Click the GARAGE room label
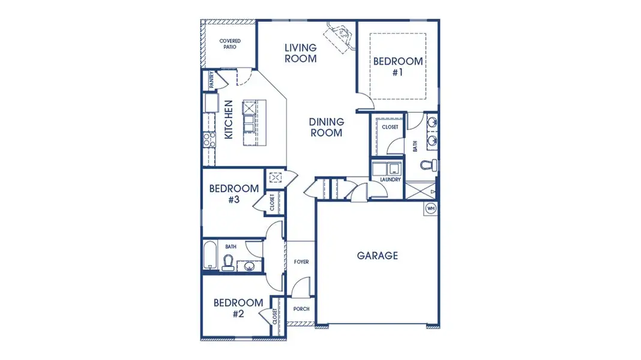tap(377, 256)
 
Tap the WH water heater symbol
tap(430, 208)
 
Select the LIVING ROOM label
tap(300, 53)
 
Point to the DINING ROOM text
tap(326, 127)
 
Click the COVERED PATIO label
tap(230, 44)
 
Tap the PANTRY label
tap(212, 80)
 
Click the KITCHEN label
tap(229, 120)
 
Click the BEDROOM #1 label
tap(398, 66)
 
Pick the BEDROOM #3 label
tap(234, 194)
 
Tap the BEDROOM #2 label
tap(238, 308)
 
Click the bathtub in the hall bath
tap(209, 256)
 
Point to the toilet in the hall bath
tap(228, 262)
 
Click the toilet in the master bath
tap(427, 165)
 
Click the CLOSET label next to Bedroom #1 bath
tap(390, 127)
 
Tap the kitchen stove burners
tap(208, 140)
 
